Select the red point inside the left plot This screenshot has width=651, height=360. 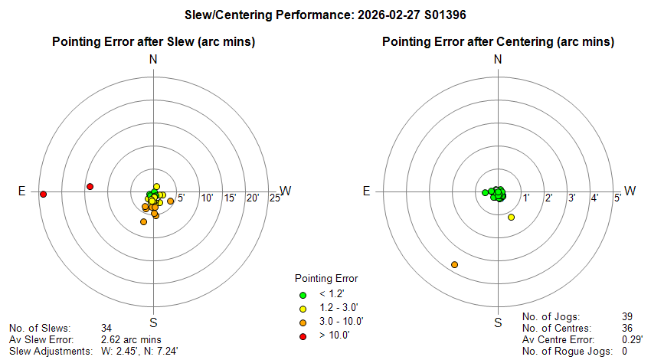click(x=90, y=187)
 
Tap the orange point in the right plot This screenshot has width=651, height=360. click(x=455, y=264)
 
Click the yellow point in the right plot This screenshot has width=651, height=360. click(x=512, y=218)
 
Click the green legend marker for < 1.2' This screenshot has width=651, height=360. click(x=303, y=294)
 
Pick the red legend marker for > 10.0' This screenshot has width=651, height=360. click(x=303, y=335)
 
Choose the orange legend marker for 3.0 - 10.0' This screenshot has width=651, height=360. click(x=303, y=322)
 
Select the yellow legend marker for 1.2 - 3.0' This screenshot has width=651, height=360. click(x=303, y=308)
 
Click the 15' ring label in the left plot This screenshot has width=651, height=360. click(x=230, y=198)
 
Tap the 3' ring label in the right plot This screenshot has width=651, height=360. click(x=571, y=198)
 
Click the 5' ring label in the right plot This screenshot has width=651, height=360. click(x=617, y=198)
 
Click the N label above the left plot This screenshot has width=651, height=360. click(x=154, y=59)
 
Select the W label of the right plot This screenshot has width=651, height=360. click(x=631, y=191)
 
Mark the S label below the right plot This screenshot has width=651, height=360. click(x=498, y=322)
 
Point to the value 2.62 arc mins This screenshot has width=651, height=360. click(x=131, y=339)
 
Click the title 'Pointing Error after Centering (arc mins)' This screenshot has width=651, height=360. click(x=498, y=41)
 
